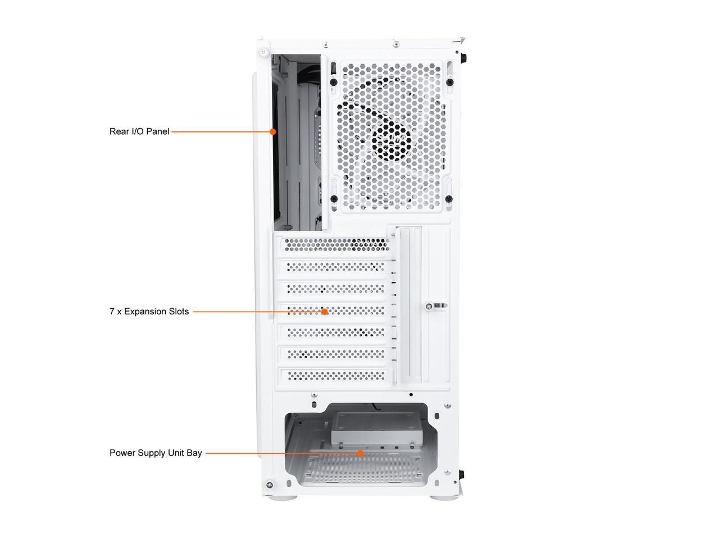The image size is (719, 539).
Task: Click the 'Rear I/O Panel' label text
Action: (x=139, y=131)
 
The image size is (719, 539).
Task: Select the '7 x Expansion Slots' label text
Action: (x=149, y=311)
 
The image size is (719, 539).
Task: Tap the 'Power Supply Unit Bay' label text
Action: (x=156, y=453)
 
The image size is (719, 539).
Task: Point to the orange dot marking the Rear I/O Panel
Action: (x=272, y=132)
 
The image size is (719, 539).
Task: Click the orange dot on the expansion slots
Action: (x=324, y=311)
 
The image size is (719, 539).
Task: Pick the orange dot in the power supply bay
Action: (x=360, y=453)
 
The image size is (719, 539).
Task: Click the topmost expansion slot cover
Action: (x=335, y=244)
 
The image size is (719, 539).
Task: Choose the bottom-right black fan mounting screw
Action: (x=448, y=198)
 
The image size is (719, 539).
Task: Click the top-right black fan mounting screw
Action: (x=449, y=82)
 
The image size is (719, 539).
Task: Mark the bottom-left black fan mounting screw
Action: (x=334, y=198)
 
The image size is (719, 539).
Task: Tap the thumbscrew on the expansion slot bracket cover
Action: (x=430, y=306)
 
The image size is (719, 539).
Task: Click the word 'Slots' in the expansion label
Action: (x=179, y=311)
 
